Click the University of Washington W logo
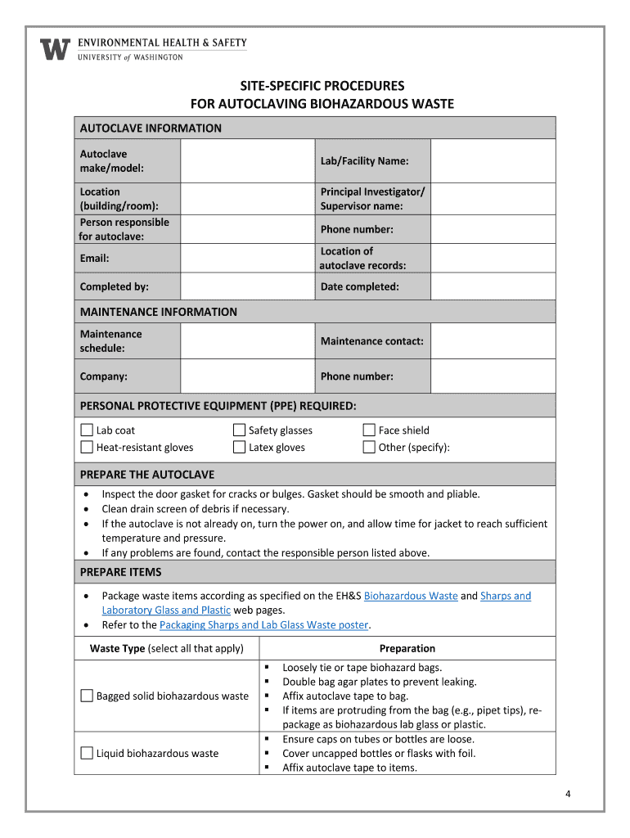click(56, 49)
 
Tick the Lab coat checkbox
click(87, 430)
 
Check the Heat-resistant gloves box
click(87, 447)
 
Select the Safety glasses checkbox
click(240, 430)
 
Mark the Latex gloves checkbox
click(240, 447)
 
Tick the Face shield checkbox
click(369, 430)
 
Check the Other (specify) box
click(369, 447)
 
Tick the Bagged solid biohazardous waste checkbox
click(87, 696)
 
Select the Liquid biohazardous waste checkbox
click(87, 753)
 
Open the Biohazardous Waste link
click(411, 596)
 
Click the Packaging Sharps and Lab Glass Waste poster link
click(264, 625)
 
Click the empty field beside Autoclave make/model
click(247, 161)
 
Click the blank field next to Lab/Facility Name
click(493, 161)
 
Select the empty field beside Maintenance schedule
click(247, 341)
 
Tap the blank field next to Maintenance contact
click(493, 341)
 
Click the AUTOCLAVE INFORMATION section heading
click(151, 128)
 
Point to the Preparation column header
click(407, 649)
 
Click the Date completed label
click(360, 287)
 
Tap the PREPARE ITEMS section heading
click(121, 572)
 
